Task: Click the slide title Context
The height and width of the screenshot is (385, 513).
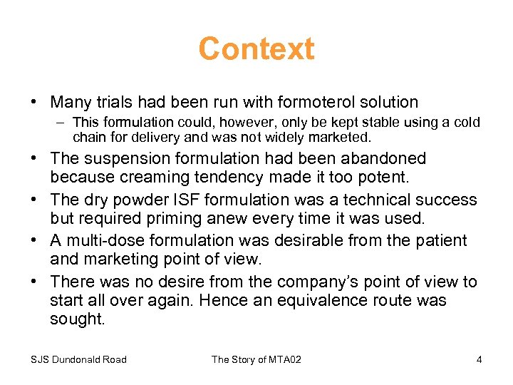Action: pyautogui.click(x=256, y=49)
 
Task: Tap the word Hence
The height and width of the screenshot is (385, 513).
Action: pyautogui.click(x=222, y=300)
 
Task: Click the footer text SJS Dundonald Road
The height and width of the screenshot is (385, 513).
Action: pyautogui.click(x=78, y=359)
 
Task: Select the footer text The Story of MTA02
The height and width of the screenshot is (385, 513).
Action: pyautogui.click(x=256, y=359)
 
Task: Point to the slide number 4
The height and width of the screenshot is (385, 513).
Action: pyautogui.click(x=479, y=359)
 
